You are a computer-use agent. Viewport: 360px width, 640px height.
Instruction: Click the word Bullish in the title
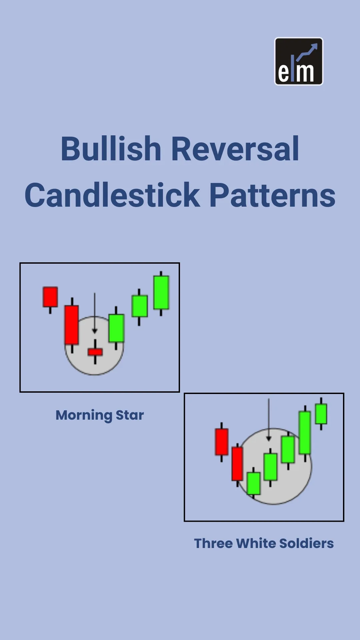click(111, 149)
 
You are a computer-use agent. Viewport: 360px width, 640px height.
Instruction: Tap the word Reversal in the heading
click(235, 149)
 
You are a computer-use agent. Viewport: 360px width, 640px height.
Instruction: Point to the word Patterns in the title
click(272, 195)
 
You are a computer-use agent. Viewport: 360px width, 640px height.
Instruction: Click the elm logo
click(299, 61)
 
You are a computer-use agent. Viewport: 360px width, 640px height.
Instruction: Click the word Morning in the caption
click(84, 416)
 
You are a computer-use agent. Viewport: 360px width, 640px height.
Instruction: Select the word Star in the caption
click(130, 415)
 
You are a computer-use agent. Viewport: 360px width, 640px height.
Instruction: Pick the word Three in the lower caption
click(213, 543)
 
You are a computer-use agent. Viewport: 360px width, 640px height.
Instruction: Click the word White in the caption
click(256, 543)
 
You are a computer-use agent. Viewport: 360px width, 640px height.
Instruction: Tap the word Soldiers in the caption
click(306, 543)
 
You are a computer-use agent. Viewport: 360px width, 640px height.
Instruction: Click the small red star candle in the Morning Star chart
click(95, 352)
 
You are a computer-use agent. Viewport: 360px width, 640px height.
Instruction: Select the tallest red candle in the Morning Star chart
click(72, 325)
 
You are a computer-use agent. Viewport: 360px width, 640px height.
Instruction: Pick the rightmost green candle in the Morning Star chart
click(161, 293)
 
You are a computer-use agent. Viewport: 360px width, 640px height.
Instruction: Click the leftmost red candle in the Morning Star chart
click(50, 297)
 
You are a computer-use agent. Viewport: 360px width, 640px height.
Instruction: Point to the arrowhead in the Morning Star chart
click(95, 331)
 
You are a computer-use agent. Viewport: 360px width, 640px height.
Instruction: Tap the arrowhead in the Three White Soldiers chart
click(269, 439)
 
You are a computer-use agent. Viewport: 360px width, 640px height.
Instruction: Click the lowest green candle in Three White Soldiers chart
click(254, 483)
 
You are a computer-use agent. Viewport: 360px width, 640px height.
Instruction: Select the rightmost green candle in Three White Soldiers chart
click(321, 414)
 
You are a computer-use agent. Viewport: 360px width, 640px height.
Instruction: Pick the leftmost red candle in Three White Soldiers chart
click(222, 442)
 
